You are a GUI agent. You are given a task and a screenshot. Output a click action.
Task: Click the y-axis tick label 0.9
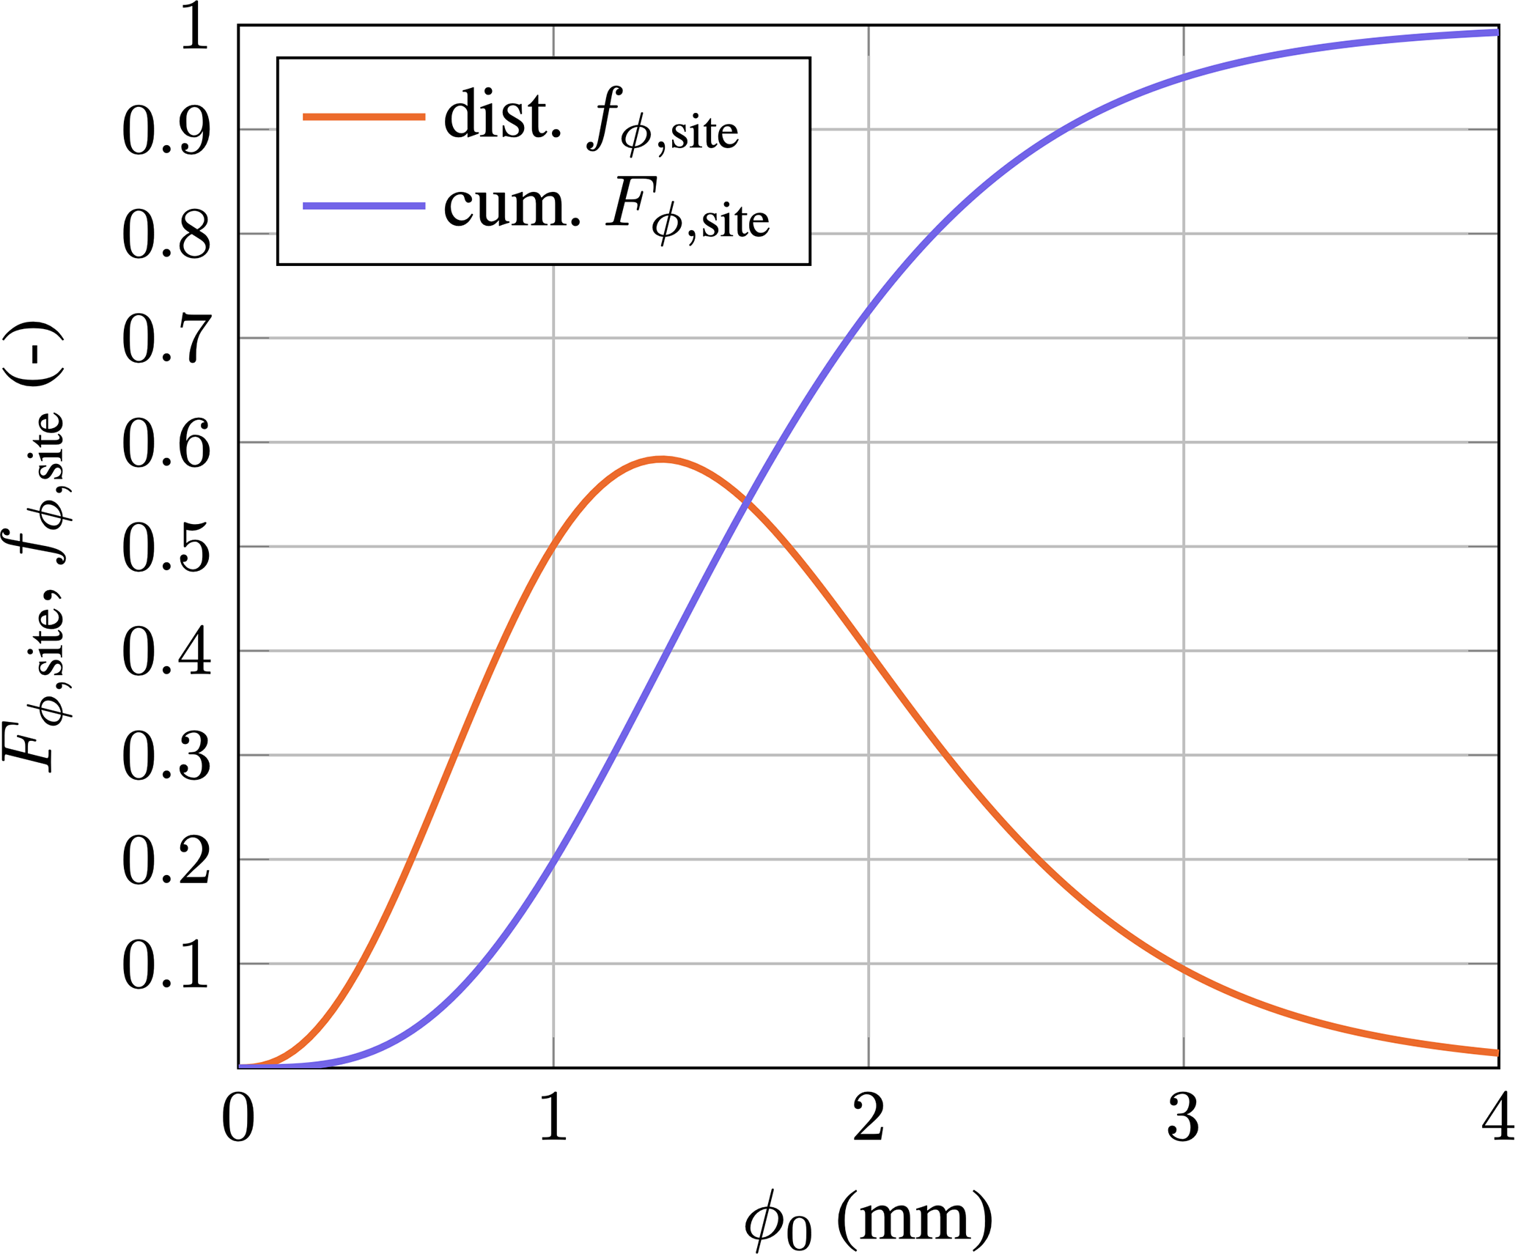[166, 131]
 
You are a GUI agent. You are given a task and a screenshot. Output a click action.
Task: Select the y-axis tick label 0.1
[166, 965]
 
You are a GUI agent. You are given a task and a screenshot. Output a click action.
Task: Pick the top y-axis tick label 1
[195, 29]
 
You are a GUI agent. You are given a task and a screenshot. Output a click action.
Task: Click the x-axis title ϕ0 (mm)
[869, 1217]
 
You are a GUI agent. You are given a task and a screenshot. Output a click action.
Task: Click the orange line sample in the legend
[364, 117]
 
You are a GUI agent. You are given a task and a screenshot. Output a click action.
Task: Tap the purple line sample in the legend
[364, 206]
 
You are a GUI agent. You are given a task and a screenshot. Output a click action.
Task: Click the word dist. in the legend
[503, 115]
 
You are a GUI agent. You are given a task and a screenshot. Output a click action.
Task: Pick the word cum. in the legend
[512, 205]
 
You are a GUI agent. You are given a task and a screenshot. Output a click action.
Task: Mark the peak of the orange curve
[662, 460]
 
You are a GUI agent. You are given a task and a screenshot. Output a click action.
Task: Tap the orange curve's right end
[1495, 1052]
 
